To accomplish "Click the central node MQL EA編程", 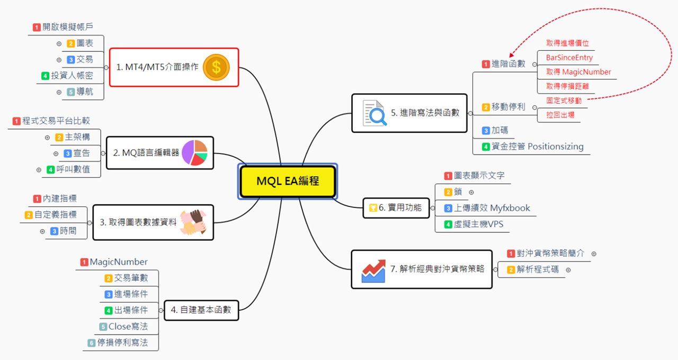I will tap(288, 181).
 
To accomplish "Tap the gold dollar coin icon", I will tap(216, 67).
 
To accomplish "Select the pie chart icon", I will tap(194, 153).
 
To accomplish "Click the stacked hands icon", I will tap(193, 222).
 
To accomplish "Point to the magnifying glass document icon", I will tap(374, 113).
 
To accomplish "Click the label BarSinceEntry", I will tap(569, 58).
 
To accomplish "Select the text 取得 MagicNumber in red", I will tap(578, 72).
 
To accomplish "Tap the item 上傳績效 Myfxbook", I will tap(492, 208).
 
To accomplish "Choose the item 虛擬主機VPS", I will tap(478, 224).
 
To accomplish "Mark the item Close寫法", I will tap(128, 327).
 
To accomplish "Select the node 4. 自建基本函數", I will tap(201, 310).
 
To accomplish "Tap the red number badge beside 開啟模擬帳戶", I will tap(37, 27).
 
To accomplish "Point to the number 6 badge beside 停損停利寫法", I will tap(92, 343).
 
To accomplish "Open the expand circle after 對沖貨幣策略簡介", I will tap(594, 254).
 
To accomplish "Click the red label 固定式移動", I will tap(564, 101).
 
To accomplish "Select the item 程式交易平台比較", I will tap(56, 121).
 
